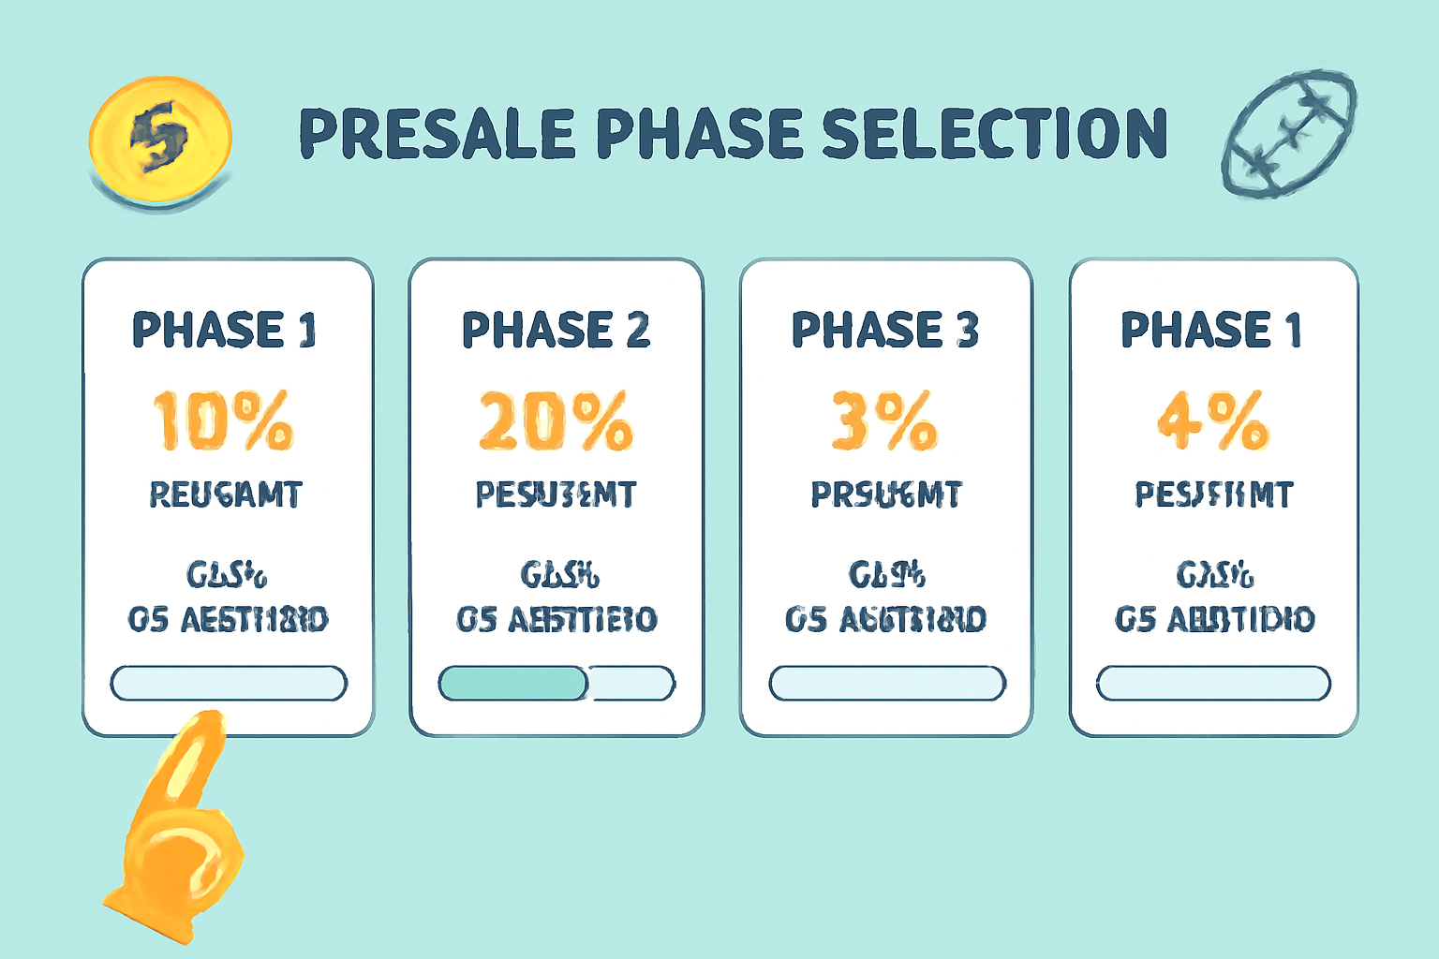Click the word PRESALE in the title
click(x=437, y=133)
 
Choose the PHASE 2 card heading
click(x=556, y=330)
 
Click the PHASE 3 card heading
click(x=885, y=330)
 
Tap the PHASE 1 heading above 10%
click(x=225, y=330)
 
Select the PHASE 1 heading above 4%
click(x=1212, y=330)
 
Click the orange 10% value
click(x=224, y=420)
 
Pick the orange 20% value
click(x=556, y=420)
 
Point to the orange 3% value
click(x=884, y=420)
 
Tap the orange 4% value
click(x=1213, y=420)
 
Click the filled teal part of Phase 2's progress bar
click(x=512, y=684)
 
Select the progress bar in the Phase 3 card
click(x=886, y=684)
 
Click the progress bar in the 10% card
click(x=229, y=684)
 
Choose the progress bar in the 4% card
click(x=1213, y=684)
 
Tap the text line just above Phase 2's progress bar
click(x=556, y=619)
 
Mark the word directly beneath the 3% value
click(x=886, y=494)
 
